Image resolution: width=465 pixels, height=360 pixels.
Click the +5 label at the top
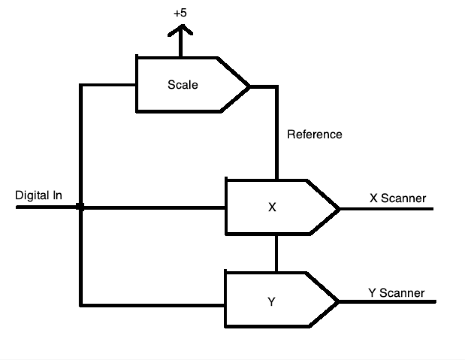click(x=180, y=13)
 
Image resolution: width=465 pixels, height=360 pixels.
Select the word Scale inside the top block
click(x=183, y=85)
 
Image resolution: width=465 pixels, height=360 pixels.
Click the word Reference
click(x=314, y=135)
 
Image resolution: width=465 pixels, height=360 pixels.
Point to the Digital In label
click(x=39, y=195)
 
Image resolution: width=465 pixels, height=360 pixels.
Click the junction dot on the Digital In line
click(x=81, y=207)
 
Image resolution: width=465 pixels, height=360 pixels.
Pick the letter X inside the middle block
click(x=272, y=207)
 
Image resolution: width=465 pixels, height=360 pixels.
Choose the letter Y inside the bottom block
click(x=272, y=301)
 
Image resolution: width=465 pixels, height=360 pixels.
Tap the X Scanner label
click(x=398, y=198)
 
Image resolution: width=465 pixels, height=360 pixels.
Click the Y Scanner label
click(x=396, y=293)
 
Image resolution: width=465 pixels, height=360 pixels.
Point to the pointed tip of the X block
click(x=338, y=209)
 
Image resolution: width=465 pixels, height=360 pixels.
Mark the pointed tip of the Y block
click(x=337, y=301)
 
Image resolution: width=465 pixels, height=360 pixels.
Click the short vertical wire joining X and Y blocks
click(x=276, y=253)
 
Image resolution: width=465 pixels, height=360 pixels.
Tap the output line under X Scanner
click(x=386, y=209)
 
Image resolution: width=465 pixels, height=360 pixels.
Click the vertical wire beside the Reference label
click(x=276, y=136)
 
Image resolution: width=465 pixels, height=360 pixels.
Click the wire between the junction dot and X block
click(x=154, y=208)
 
